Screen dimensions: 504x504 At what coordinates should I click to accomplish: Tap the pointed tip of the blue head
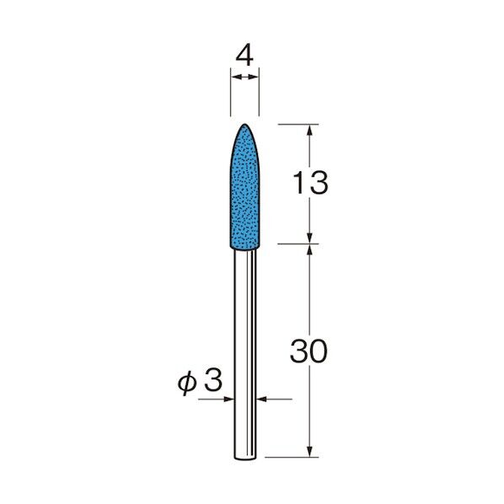coord(244,125)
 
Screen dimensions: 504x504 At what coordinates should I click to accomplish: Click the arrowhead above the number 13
coord(312,131)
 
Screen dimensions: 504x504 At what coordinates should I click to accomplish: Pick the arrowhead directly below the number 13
coord(312,238)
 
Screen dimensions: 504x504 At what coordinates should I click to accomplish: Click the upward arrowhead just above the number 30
coord(312,251)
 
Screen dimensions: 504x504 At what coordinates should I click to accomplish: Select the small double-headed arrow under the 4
coord(244,78)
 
